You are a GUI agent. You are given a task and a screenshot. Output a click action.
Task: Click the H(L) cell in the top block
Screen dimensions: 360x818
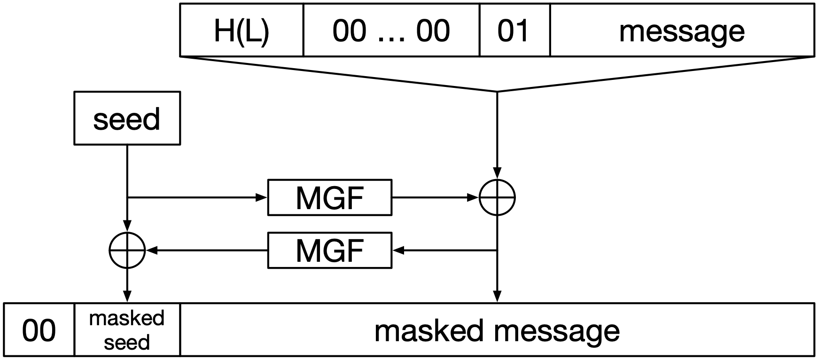tap(242, 31)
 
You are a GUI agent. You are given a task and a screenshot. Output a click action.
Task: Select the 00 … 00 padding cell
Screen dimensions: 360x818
tap(391, 31)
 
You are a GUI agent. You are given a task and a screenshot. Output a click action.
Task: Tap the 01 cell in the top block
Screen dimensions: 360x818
tap(514, 31)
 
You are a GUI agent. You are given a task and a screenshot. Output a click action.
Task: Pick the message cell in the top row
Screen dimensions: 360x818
tap(681, 31)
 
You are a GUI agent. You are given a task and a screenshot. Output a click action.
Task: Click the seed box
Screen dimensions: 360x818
tap(127, 118)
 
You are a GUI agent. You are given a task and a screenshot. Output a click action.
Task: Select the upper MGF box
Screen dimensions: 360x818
tap(329, 197)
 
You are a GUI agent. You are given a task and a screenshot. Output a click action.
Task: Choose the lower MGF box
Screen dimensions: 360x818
tap(329, 250)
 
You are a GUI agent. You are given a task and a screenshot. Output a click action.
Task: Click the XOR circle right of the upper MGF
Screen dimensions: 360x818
tap(497, 197)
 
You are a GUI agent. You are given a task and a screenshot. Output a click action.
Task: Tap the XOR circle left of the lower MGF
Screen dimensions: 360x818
tap(127, 250)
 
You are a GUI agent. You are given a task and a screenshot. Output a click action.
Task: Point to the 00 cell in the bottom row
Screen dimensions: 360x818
tap(39, 330)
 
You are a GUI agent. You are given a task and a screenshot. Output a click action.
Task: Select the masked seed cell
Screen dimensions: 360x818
tap(127, 330)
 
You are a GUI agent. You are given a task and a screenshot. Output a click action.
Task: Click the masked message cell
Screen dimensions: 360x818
tap(497, 330)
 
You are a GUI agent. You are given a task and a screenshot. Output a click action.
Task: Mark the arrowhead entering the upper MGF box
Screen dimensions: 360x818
tap(262, 197)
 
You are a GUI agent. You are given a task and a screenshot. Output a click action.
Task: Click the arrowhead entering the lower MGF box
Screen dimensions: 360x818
tap(397, 250)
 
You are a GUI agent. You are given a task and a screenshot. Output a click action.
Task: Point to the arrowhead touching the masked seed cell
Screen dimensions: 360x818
tap(127, 297)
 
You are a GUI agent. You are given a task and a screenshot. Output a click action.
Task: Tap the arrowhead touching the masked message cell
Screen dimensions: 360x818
tap(497, 297)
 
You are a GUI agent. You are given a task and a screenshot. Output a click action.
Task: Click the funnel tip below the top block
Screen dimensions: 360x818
tap(497, 91)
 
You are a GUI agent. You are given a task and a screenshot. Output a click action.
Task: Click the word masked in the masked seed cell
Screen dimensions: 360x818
tap(127, 318)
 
